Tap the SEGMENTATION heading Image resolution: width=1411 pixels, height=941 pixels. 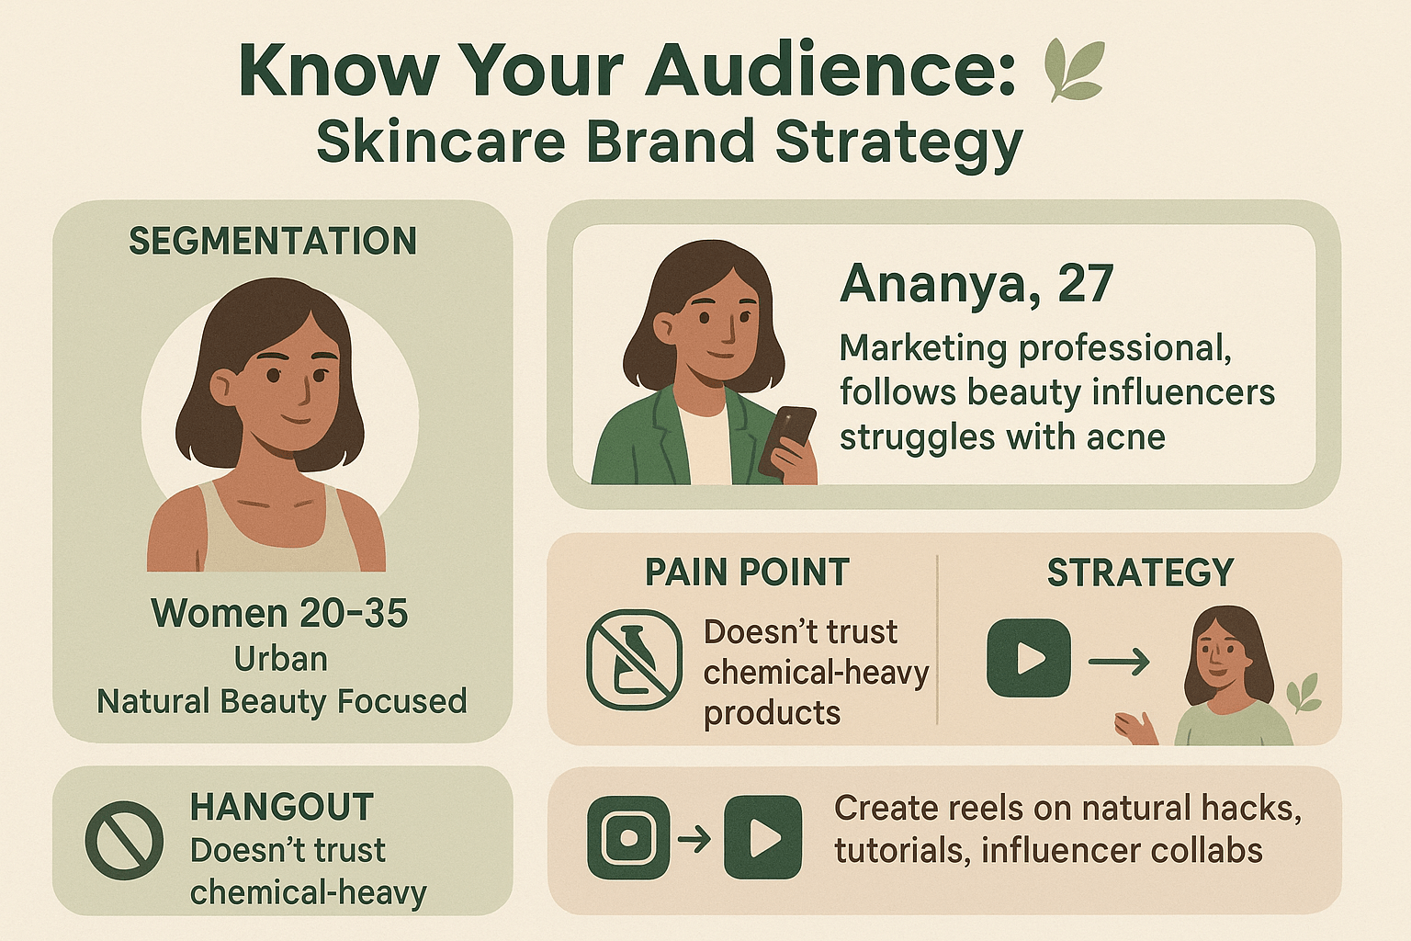click(273, 241)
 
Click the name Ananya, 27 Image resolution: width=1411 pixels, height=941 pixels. click(977, 284)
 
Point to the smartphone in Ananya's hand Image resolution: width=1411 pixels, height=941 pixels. click(787, 440)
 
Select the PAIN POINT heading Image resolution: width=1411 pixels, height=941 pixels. click(747, 572)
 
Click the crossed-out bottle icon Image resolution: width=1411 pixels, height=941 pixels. click(635, 660)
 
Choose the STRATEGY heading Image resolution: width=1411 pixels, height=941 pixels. click(1140, 572)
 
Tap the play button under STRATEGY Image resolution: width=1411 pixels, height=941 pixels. click(1029, 658)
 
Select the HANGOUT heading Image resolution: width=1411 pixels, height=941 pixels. click(282, 807)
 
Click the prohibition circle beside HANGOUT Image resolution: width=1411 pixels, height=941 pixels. click(124, 840)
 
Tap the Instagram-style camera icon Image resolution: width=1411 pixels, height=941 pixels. click(628, 838)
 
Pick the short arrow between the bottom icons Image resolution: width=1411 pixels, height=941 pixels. click(694, 839)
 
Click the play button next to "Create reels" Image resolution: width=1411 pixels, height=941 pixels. click(762, 838)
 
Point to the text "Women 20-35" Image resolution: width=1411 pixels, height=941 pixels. click(279, 613)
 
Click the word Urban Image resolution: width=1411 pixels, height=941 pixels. click(281, 659)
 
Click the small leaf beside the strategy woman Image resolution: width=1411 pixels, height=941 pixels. click(1303, 693)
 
